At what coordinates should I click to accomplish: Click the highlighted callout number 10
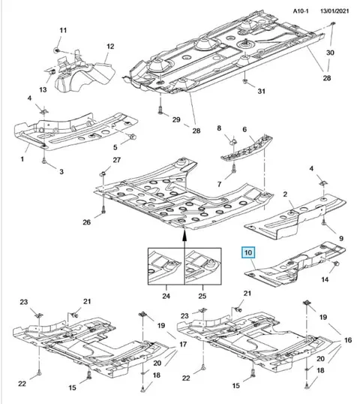tap(248, 252)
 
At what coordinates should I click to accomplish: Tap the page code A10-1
tap(301, 11)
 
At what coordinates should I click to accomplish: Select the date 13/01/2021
tap(334, 11)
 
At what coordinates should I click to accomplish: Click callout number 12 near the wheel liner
tap(110, 47)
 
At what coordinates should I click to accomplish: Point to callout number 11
tap(63, 30)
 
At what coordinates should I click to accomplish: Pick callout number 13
tap(43, 89)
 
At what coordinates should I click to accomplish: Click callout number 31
tap(262, 91)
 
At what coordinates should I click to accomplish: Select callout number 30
tap(330, 53)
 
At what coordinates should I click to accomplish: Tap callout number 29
tap(176, 119)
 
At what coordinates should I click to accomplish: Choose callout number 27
tap(116, 160)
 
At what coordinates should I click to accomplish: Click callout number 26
tap(86, 222)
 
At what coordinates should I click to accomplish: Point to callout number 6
tap(244, 129)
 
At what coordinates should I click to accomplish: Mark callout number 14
tap(325, 279)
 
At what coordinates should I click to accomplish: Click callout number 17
tap(183, 344)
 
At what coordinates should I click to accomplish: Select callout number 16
tap(348, 340)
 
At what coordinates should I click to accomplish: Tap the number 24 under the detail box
tap(166, 296)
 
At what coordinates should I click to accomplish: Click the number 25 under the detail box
tap(202, 296)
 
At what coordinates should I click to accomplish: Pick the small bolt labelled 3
tap(44, 161)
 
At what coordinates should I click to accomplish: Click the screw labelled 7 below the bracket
tap(234, 167)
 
